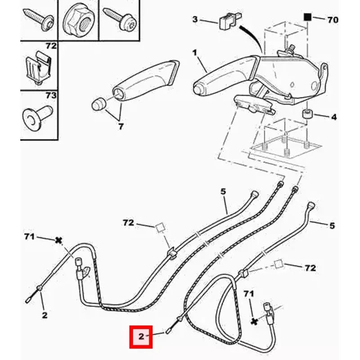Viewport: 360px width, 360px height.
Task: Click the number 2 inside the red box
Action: tap(141, 337)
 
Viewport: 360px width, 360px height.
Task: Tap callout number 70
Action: tap(333, 20)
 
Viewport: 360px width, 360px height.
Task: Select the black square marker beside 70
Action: tap(307, 17)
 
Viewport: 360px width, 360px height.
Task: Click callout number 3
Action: tap(195, 19)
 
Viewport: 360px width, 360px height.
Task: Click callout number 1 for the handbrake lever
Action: tap(195, 53)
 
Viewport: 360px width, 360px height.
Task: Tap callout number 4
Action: tap(334, 117)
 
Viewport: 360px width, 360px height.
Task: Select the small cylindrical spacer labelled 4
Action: tap(307, 114)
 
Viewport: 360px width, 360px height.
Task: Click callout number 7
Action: tap(121, 126)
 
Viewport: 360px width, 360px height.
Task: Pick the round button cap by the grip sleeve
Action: tap(98, 104)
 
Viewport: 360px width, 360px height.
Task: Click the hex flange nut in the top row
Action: tap(78, 20)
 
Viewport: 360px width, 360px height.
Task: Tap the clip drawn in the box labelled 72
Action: tap(37, 67)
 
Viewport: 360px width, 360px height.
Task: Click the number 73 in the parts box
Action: tap(51, 95)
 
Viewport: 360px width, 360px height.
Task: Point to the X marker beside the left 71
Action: tap(59, 240)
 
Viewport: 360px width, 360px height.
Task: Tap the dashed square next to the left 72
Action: tap(160, 227)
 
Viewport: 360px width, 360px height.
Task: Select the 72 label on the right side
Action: tap(310, 268)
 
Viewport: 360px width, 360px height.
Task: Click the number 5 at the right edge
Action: tap(332, 226)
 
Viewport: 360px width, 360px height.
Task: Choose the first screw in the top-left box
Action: tap(39, 19)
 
